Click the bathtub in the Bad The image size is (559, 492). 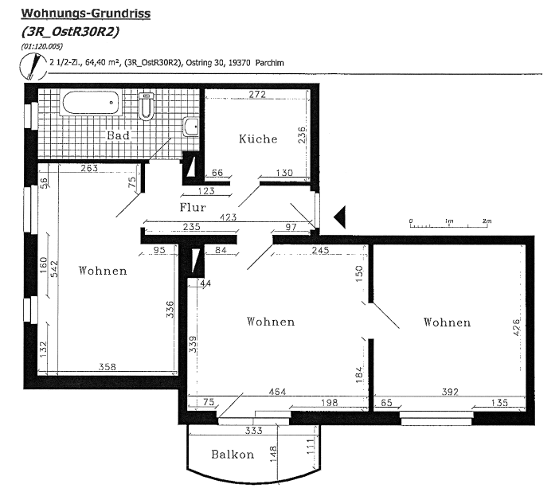tap(91, 103)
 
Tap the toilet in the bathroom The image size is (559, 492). tap(146, 106)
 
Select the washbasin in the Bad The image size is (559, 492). tap(191, 127)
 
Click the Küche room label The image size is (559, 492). tap(258, 139)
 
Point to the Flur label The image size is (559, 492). tap(193, 207)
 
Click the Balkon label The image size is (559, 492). tap(233, 455)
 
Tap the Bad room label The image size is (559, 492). tap(118, 135)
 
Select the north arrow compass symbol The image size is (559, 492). tap(33, 66)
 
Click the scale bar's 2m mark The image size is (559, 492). tap(487, 224)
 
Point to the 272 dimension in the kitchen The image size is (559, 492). tap(257, 94)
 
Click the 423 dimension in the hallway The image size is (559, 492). tap(229, 217)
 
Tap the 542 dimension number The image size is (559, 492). tap(54, 269)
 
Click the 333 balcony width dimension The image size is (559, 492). tap(253, 431)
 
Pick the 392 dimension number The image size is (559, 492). tap(450, 392)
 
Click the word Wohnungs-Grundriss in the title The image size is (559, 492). tap(86, 14)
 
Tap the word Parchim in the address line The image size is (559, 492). tap(270, 63)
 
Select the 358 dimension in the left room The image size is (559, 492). tap(107, 366)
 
